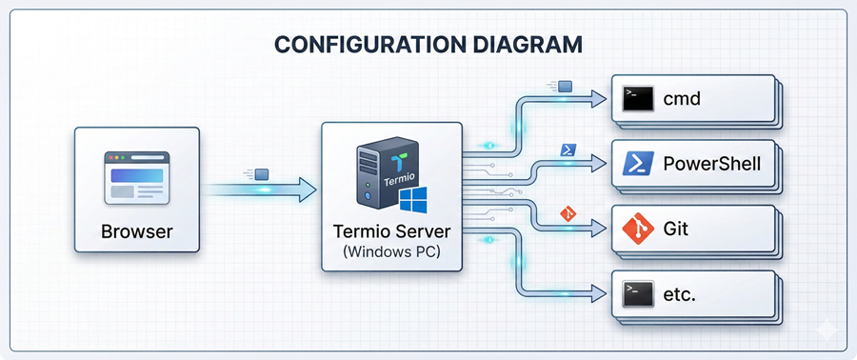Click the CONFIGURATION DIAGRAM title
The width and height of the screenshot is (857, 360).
pyautogui.click(x=428, y=44)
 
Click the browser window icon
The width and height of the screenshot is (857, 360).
pyautogui.click(x=135, y=176)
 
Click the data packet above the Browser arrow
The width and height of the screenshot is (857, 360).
pyautogui.click(x=263, y=174)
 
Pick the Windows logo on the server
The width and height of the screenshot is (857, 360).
pyautogui.click(x=412, y=201)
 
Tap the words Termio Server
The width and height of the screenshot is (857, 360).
pyautogui.click(x=391, y=231)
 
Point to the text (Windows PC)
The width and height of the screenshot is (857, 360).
pyautogui.click(x=391, y=251)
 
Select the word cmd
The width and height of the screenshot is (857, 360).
pyautogui.click(x=682, y=97)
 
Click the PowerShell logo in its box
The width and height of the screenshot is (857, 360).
pyautogui.click(x=635, y=163)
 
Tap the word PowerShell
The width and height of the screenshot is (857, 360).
pyautogui.click(x=712, y=163)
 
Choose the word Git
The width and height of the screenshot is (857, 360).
pyautogui.click(x=676, y=229)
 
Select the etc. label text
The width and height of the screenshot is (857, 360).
pyautogui.click(x=679, y=294)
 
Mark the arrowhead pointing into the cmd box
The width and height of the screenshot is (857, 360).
pyautogui.click(x=598, y=97)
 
